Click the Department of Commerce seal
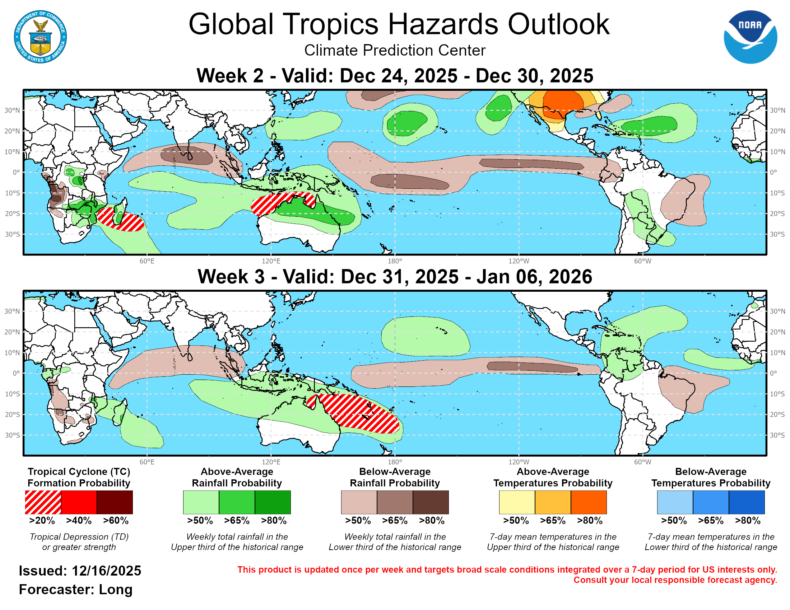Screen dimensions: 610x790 pyautogui.click(x=40, y=37)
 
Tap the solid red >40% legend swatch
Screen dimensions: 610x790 pyautogui.click(x=79, y=502)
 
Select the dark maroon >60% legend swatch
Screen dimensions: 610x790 pyautogui.click(x=115, y=502)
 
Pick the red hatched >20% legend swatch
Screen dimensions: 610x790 pyautogui.click(x=43, y=502)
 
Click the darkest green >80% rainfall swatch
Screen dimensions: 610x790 pyautogui.click(x=273, y=502)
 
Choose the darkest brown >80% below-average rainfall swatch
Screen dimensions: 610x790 pyautogui.click(x=431, y=502)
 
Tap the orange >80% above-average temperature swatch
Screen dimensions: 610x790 pyautogui.click(x=589, y=502)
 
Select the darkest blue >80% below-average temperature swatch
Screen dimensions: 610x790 pyautogui.click(x=747, y=502)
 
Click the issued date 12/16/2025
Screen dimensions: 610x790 pyautogui.click(x=106, y=571)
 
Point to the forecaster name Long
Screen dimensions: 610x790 pyautogui.click(x=115, y=590)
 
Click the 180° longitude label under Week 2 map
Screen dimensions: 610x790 pyautogui.click(x=395, y=261)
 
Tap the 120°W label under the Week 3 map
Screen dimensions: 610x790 pyautogui.click(x=519, y=462)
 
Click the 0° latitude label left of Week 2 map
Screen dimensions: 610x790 pyautogui.click(x=16, y=172)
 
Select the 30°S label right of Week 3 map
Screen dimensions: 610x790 pyautogui.click(x=777, y=435)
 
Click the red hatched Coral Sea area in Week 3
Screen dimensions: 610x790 pyautogui.click(x=362, y=414)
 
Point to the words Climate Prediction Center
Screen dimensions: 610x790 pyautogui.click(x=395, y=51)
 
